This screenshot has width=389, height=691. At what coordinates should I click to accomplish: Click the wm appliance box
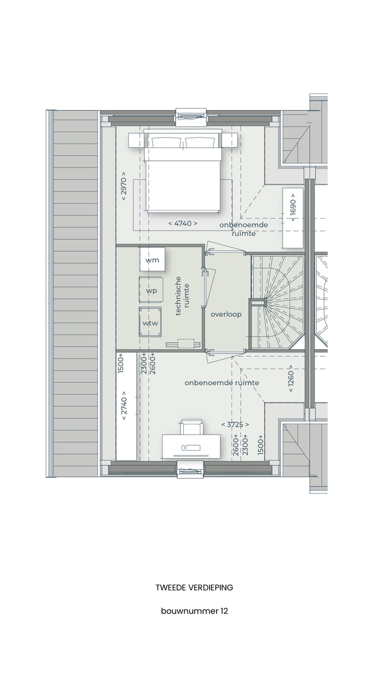click(152, 260)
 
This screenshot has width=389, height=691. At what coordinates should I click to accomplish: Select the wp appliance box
click(151, 290)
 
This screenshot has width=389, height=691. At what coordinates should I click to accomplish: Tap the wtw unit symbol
click(150, 322)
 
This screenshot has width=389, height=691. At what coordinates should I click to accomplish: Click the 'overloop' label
click(226, 314)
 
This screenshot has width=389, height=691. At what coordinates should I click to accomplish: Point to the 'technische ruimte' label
click(182, 299)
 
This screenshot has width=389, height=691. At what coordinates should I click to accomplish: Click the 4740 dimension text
click(183, 223)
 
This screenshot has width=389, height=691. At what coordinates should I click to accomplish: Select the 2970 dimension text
click(124, 186)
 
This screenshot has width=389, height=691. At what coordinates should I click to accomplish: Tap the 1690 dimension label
click(292, 207)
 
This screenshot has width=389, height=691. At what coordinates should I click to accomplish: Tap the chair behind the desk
click(192, 426)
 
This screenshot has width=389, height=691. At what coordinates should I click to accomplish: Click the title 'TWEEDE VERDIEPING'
click(194, 587)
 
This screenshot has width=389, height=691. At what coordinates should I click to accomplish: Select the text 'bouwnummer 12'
click(194, 611)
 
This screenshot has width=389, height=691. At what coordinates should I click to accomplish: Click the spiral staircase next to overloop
click(277, 302)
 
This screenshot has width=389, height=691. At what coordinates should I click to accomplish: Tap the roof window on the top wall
click(191, 117)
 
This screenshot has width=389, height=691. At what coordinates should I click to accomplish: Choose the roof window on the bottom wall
click(191, 469)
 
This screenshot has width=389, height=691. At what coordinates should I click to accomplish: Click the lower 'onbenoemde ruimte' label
click(222, 383)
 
